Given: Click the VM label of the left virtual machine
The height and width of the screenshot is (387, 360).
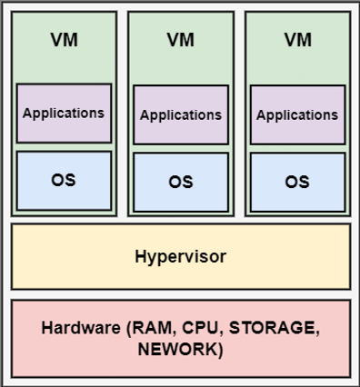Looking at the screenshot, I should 64,40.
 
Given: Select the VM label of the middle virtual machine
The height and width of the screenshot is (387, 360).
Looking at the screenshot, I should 181,40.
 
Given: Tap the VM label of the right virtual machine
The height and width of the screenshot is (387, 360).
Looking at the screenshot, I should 297,40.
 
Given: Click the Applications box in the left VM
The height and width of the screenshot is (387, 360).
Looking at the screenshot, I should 64,114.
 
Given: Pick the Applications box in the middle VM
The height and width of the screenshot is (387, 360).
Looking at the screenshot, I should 181,115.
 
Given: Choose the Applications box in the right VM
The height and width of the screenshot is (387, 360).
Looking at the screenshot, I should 297,115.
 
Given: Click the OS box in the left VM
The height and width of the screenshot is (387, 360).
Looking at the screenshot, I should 64,180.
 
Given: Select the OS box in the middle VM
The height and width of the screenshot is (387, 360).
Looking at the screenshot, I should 181,182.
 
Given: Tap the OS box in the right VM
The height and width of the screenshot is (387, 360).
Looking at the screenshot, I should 297,182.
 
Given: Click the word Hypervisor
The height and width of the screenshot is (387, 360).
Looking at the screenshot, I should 180,256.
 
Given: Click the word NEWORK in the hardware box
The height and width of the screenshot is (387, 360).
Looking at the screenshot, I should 180,348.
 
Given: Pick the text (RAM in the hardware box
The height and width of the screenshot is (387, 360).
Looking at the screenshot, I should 150,327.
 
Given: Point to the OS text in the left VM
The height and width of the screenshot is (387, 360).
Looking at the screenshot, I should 64,180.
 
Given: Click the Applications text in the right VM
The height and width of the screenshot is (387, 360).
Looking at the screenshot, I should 297,115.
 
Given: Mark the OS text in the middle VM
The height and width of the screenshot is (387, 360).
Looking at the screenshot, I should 181,182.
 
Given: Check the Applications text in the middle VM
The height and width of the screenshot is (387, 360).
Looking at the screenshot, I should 181,115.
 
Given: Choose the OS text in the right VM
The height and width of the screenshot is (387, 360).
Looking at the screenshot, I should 297,182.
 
